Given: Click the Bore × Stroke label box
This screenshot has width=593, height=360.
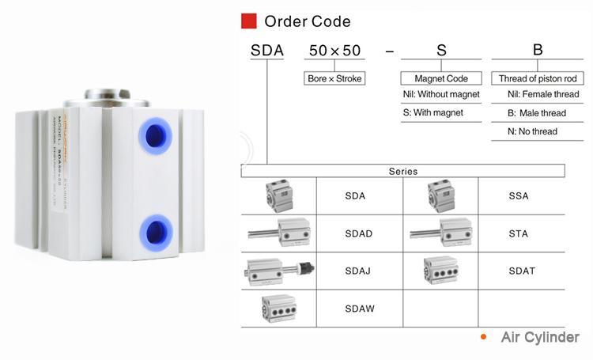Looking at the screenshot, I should click(x=334, y=78).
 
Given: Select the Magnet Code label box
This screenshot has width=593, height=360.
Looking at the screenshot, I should click(x=440, y=78).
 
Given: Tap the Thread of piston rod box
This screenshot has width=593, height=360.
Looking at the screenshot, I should click(x=537, y=78).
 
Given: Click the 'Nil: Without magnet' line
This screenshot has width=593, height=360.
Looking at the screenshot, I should click(x=440, y=94).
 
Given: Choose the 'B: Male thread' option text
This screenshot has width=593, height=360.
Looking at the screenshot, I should click(x=537, y=112).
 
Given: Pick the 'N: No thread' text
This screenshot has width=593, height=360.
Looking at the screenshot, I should click(x=532, y=131).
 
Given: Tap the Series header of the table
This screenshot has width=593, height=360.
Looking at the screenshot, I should click(x=402, y=171).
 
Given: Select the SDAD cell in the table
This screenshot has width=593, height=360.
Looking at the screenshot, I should click(x=358, y=233).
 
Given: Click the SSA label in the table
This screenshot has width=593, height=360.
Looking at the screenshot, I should click(x=519, y=196).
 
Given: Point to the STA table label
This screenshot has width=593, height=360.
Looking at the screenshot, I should click(x=519, y=233).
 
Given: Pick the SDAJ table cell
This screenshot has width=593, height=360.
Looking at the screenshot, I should click(x=358, y=271).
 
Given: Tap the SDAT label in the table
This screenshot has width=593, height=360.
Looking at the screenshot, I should click(x=522, y=271).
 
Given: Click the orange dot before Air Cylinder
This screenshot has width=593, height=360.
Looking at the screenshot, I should click(x=483, y=336).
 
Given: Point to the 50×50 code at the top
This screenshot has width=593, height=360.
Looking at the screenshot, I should click(x=334, y=51).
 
